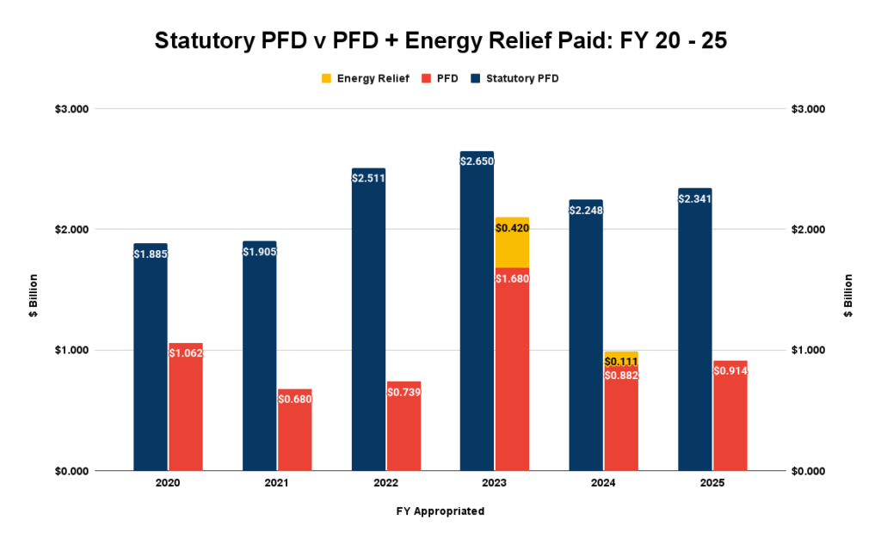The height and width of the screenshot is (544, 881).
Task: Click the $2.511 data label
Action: coord(368,179)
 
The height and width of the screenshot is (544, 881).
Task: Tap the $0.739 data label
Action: coord(404,392)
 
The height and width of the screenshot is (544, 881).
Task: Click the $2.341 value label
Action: coord(695,199)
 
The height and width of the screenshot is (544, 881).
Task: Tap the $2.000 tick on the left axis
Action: coord(77,229)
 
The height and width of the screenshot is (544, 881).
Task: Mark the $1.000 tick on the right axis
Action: coord(806,351)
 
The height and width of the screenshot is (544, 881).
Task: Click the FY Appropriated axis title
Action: coord(440,511)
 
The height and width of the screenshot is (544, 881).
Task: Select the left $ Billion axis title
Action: coord(32,296)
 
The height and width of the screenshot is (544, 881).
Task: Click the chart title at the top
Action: coord(440,40)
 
